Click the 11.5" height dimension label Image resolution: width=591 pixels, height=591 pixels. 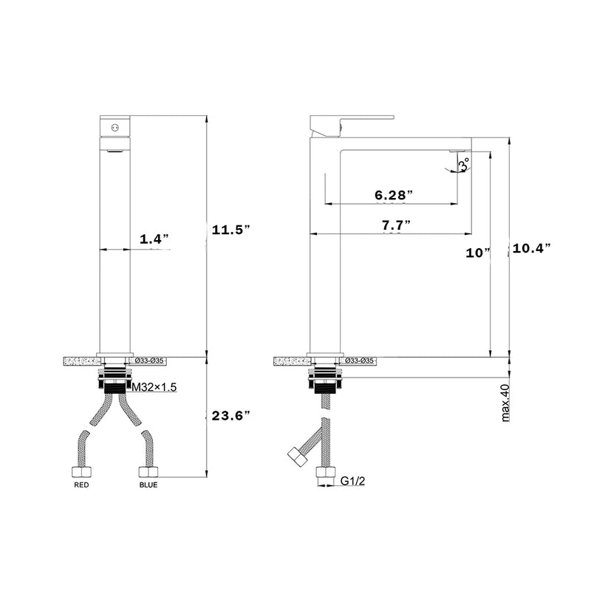230,230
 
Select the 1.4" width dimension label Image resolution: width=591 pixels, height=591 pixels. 155,239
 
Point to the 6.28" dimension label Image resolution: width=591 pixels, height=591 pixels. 393,195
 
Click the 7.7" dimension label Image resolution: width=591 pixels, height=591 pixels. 397,225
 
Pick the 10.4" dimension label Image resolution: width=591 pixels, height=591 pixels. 532,249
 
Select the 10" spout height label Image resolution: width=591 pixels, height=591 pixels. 478,253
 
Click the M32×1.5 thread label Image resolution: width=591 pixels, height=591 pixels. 155,387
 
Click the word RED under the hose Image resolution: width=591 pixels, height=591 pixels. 81,485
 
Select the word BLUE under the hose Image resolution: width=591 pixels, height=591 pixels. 148,485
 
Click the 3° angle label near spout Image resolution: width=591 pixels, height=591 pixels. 463,165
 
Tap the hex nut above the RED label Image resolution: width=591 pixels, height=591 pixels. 81,472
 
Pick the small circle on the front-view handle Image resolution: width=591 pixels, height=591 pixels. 114,128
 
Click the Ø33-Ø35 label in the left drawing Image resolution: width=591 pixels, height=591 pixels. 151,361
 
